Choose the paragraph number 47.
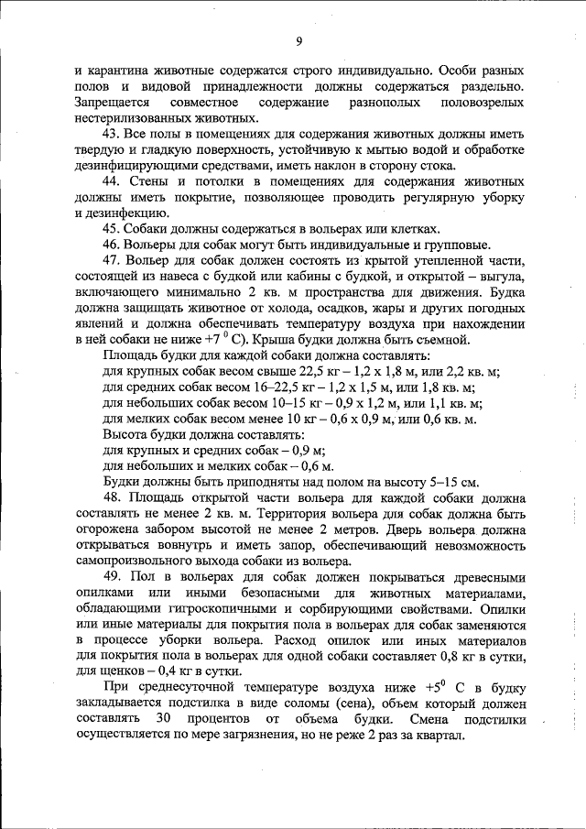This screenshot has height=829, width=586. click(113, 260)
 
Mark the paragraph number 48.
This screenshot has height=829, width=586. click(113, 498)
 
